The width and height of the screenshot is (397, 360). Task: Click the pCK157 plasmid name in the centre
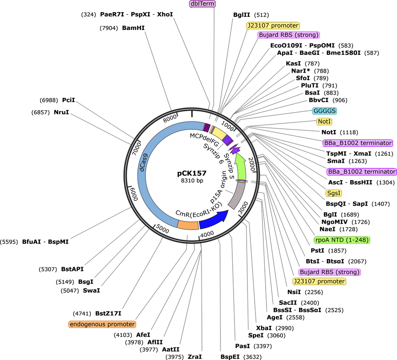click(192, 173)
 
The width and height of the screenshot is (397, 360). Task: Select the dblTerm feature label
click(202, 4)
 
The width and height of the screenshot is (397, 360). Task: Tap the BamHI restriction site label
click(133, 28)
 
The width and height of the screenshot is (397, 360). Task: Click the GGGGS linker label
click(325, 111)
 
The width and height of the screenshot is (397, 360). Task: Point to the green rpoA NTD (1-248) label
click(342, 240)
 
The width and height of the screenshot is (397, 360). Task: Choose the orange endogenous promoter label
click(102, 324)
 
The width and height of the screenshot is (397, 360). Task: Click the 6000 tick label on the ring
click(134, 194)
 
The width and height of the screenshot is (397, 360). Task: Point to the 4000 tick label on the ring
click(207, 234)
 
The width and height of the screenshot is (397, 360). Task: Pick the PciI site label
click(68, 100)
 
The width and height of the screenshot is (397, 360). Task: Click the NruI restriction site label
click(61, 112)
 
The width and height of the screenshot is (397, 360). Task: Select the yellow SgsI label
click(334, 193)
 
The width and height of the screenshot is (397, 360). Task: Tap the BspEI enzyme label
click(230, 357)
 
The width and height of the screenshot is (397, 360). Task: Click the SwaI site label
click(91, 290)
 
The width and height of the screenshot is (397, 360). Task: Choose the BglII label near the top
click(242, 15)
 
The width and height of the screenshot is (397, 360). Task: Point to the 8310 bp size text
click(192, 181)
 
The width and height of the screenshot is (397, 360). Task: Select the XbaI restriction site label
click(264, 328)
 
